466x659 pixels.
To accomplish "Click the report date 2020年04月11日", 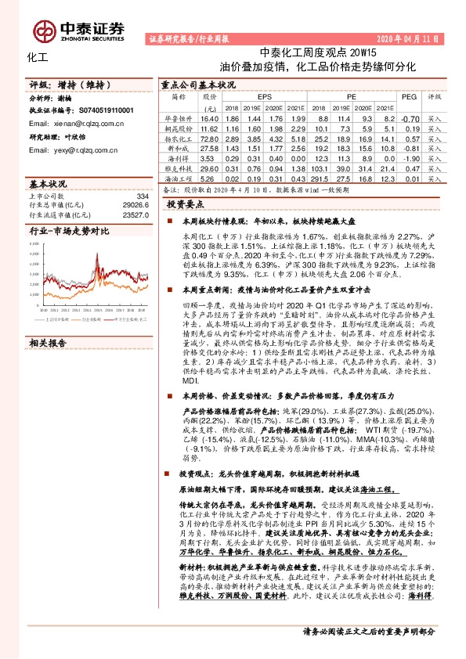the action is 408,38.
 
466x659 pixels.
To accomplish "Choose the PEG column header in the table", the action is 408,97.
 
